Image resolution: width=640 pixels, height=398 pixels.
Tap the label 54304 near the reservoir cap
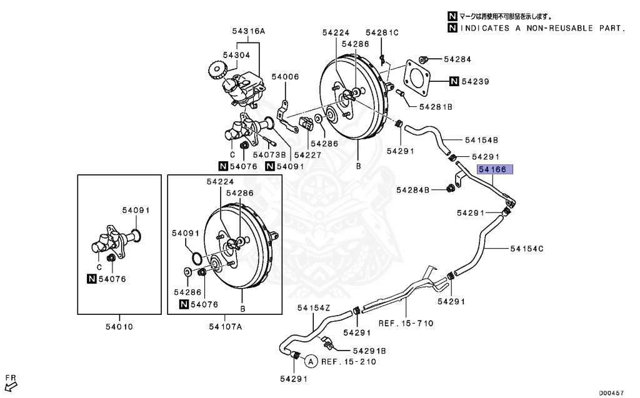click(236, 55)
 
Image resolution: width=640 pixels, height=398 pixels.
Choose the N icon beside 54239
click(454, 81)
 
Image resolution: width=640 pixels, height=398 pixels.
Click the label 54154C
click(526, 249)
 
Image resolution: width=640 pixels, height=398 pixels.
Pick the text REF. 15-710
click(406, 323)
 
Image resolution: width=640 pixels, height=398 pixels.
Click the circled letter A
click(310, 361)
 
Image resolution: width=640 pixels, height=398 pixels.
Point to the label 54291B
click(369, 351)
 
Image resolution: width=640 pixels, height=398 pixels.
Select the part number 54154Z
click(313, 307)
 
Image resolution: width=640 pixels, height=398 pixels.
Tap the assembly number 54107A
click(225, 326)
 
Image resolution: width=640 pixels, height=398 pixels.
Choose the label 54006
click(285, 77)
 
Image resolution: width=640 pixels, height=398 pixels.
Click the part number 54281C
click(382, 32)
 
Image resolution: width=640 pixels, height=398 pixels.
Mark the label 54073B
click(269, 154)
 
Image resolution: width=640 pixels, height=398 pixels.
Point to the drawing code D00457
click(613, 392)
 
